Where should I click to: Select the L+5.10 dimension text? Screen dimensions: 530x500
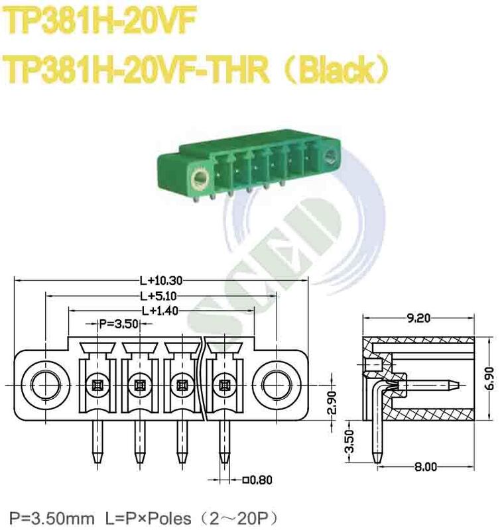point(157,296)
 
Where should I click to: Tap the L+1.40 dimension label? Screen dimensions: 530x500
point(159,311)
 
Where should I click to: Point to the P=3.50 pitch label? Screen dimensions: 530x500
point(119,324)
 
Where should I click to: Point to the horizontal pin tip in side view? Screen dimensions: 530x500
point(455,384)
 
